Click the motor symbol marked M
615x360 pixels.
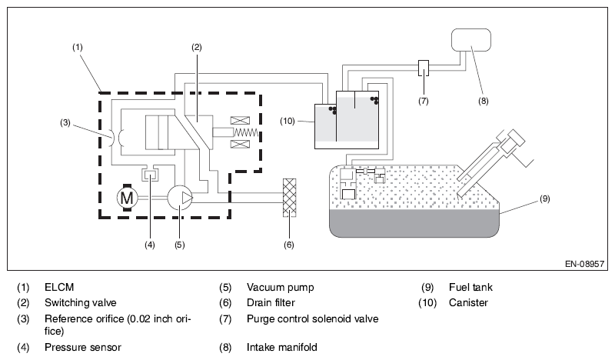click(x=125, y=198)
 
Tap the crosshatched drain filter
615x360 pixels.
click(x=290, y=198)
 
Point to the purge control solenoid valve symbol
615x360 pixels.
click(x=424, y=68)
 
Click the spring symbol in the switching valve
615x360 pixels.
click(x=244, y=132)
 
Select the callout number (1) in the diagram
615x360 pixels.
click(x=78, y=47)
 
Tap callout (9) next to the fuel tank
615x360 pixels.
click(x=544, y=198)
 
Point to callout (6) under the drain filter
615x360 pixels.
click(x=289, y=246)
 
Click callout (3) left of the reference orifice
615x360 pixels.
click(x=66, y=122)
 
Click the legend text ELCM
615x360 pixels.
click(x=58, y=288)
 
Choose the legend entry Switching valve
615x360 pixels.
click(x=79, y=302)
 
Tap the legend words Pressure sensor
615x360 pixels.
click(x=82, y=347)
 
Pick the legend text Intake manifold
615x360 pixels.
click(x=281, y=347)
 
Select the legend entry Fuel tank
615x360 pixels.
click(x=470, y=288)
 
